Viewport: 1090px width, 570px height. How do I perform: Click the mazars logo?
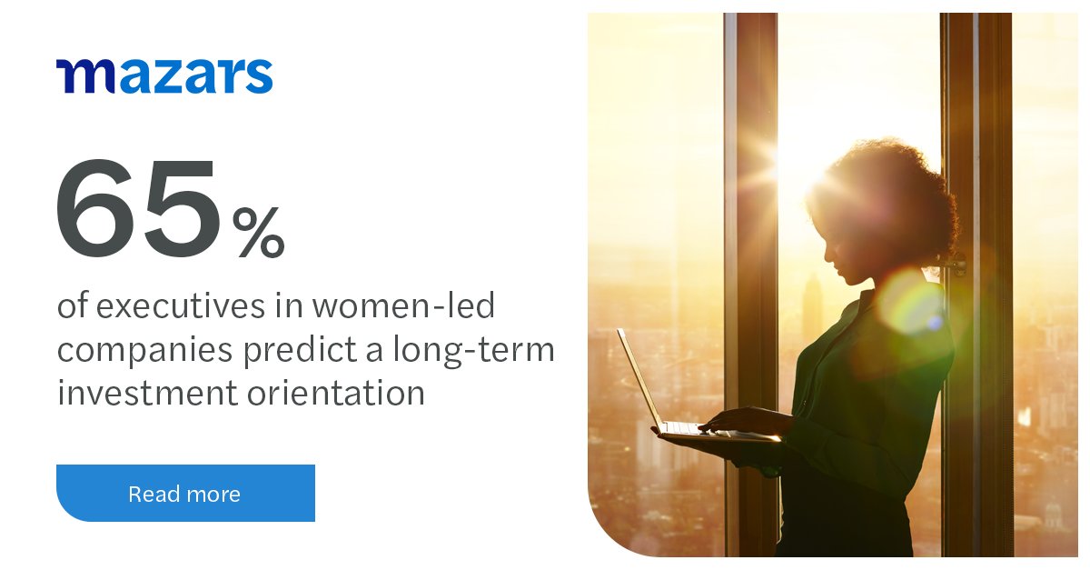pos(164,76)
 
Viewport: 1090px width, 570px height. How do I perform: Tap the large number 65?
pos(137,210)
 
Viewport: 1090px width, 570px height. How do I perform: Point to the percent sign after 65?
pos(258,233)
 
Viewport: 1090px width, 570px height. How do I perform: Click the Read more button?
pos(185,494)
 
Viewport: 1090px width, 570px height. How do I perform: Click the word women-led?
pos(403,307)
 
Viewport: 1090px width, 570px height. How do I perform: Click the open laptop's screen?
pos(639,377)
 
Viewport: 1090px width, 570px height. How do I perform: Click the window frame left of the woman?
pos(750,273)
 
